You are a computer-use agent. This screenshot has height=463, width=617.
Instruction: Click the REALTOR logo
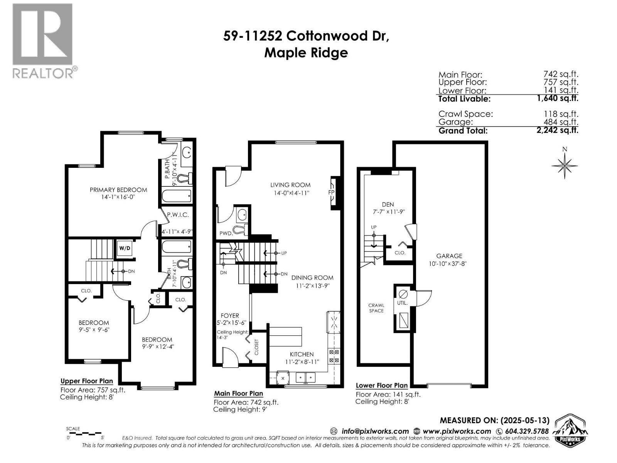point(42,41)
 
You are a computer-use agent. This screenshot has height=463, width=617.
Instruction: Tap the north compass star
point(565,166)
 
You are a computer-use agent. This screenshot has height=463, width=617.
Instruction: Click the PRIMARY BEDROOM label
point(118,190)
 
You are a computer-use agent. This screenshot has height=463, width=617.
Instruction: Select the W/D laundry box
point(125,248)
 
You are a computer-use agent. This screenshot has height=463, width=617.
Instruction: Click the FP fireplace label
point(331,193)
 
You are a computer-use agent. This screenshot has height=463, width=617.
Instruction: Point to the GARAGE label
point(449,256)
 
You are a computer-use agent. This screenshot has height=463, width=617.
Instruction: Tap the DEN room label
point(388,204)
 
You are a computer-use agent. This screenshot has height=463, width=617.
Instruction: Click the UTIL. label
point(402,303)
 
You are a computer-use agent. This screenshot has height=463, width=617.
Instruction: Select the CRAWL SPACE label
point(376,308)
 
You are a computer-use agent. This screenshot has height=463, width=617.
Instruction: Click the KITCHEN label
point(302,354)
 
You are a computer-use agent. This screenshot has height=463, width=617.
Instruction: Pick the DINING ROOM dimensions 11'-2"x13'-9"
point(313,286)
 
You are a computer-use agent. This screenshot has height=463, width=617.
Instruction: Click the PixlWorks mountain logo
point(570,430)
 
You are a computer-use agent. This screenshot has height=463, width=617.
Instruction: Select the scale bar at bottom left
point(84,434)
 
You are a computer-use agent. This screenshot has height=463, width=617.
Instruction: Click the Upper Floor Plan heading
point(87,381)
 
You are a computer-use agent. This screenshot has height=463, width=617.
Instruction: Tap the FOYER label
point(230,316)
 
